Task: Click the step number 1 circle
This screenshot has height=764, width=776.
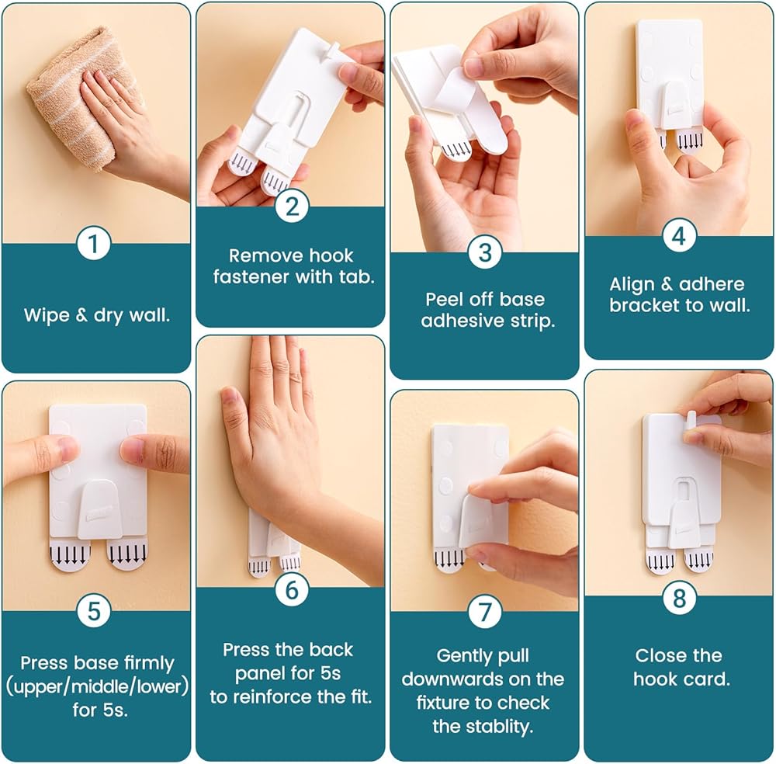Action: tap(94, 243)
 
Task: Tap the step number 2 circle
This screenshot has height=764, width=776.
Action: tap(292, 207)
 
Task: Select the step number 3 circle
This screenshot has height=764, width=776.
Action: tap(485, 252)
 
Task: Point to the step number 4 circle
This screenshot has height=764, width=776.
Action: tap(680, 236)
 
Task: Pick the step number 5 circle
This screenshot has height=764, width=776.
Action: tap(94, 610)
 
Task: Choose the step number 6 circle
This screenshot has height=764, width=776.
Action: tap(292, 590)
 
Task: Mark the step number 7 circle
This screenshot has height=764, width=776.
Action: tap(485, 612)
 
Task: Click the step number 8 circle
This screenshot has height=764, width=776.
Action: tap(680, 598)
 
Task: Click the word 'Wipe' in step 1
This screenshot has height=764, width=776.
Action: tap(47, 315)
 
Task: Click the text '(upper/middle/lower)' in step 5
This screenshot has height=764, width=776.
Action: tap(98, 687)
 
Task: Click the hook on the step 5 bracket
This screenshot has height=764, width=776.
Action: tap(97, 509)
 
